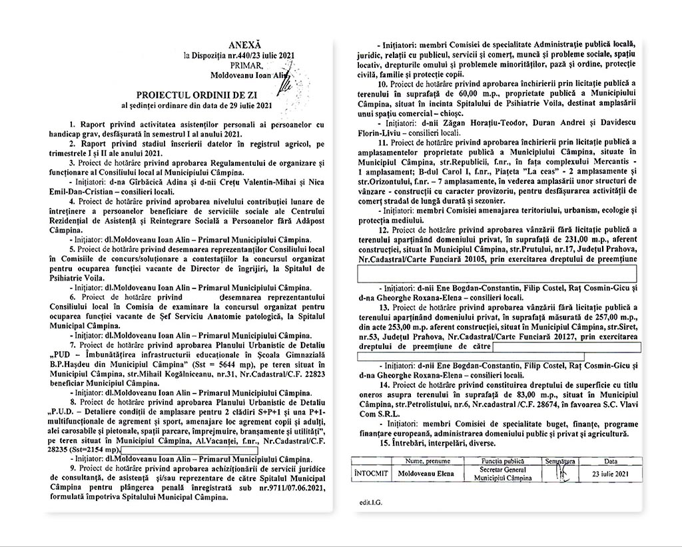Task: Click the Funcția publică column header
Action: pos(504,460)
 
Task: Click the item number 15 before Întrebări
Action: pos(382,443)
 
